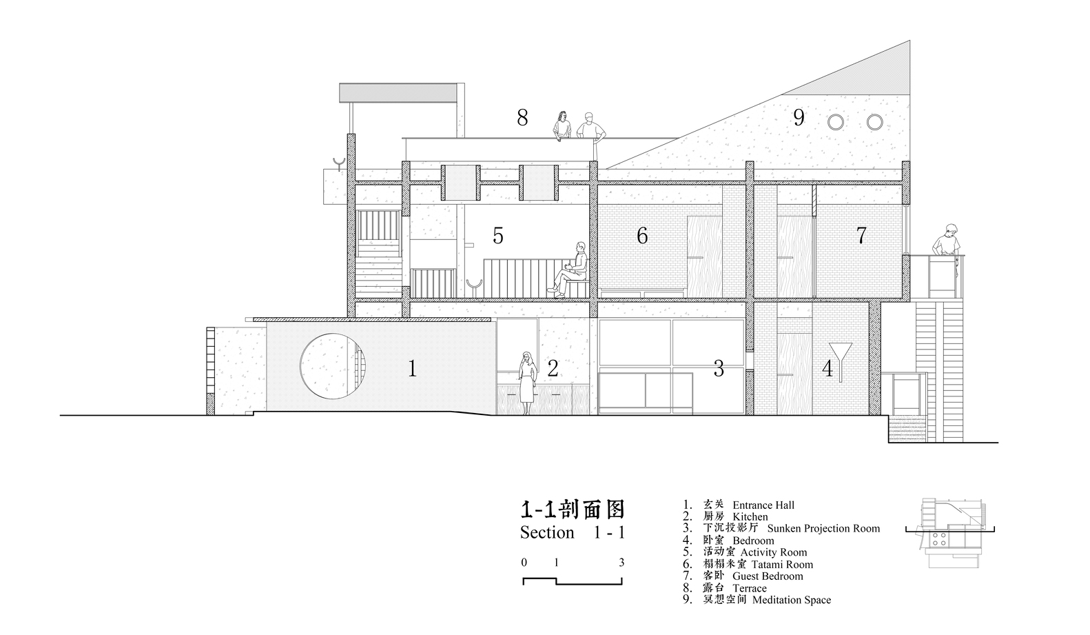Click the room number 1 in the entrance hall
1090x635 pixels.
point(412,369)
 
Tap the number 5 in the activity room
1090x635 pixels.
point(497,236)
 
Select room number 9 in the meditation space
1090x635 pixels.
point(799,117)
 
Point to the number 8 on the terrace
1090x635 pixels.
point(522,117)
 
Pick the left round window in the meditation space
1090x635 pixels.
point(836,122)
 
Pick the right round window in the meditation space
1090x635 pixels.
point(874,122)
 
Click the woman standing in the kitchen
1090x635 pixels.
point(527,383)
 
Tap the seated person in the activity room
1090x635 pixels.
point(569,270)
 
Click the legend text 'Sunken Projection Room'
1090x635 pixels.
point(823,528)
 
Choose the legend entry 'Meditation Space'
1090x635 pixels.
point(792,600)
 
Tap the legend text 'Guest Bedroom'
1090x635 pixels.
point(768,576)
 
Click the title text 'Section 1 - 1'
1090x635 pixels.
point(573,532)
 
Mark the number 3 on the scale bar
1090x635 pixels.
point(621,563)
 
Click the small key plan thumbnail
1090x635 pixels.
point(950,533)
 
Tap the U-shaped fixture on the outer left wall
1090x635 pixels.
point(339,163)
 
